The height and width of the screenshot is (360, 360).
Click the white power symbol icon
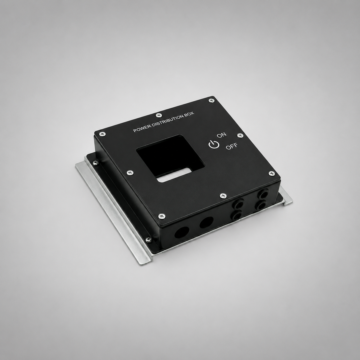click(x=214, y=144)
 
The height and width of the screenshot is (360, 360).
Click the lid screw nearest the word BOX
click(x=211, y=100)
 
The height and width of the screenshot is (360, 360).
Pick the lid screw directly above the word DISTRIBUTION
click(x=159, y=115)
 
